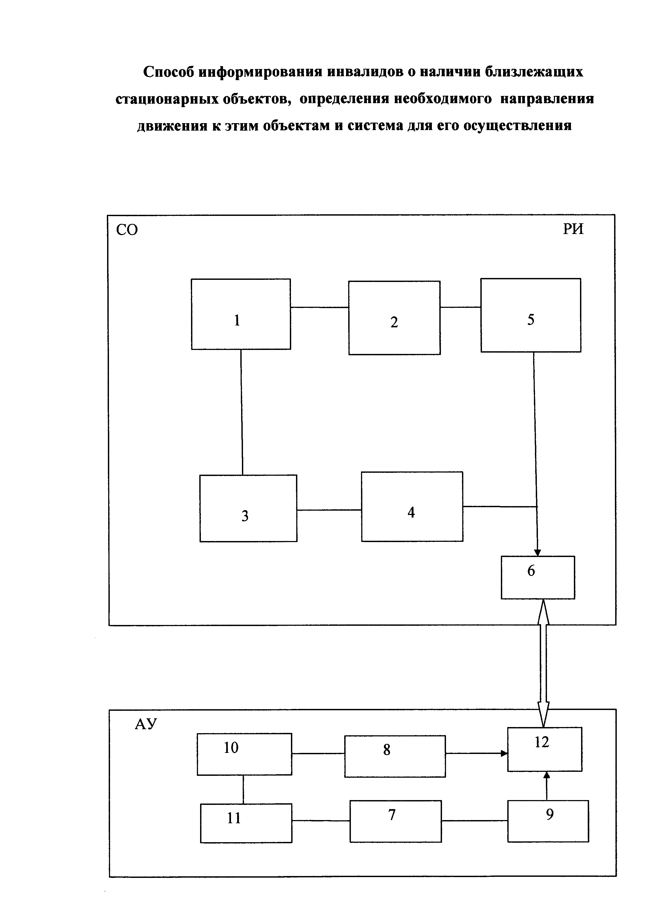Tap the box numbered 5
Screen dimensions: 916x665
click(530, 315)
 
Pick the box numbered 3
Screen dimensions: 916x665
click(248, 508)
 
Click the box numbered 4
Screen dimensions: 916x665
click(412, 506)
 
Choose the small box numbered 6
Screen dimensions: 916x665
click(538, 577)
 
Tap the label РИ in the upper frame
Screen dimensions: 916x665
click(573, 229)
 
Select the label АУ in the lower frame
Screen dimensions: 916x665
click(146, 724)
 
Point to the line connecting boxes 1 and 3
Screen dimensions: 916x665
click(242, 412)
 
